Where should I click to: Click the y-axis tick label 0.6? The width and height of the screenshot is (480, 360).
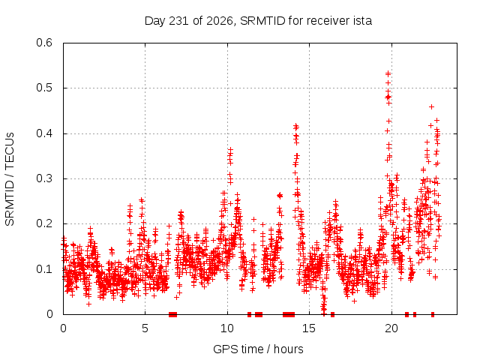click(x=44, y=43)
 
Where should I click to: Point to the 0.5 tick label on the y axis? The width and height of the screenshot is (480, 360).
click(x=44, y=88)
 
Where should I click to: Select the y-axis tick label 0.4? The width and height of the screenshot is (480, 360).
click(x=44, y=133)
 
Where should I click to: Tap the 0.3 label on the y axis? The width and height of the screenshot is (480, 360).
click(x=44, y=178)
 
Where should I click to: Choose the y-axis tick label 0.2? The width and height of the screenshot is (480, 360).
click(x=44, y=223)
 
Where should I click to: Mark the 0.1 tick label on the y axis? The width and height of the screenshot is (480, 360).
click(x=44, y=269)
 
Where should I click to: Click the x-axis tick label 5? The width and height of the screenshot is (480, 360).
click(x=145, y=328)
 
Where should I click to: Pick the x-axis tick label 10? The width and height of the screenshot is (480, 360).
click(x=227, y=328)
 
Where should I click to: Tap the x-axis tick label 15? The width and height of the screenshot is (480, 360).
click(x=309, y=328)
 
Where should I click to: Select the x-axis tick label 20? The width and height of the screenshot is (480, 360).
click(x=391, y=328)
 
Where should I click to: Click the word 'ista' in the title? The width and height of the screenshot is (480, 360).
click(x=361, y=21)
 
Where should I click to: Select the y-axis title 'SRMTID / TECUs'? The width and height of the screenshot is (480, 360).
click(x=10, y=179)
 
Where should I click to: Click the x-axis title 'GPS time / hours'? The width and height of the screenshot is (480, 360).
click(x=258, y=349)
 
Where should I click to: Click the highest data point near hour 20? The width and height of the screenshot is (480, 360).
click(x=388, y=73)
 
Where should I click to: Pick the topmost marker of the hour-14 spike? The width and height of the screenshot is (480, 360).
click(x=295, y=125)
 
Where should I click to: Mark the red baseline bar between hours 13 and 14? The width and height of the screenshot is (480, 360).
click(x=289, y=314)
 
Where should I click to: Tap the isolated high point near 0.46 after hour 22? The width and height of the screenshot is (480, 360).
click(x=432, y=106)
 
